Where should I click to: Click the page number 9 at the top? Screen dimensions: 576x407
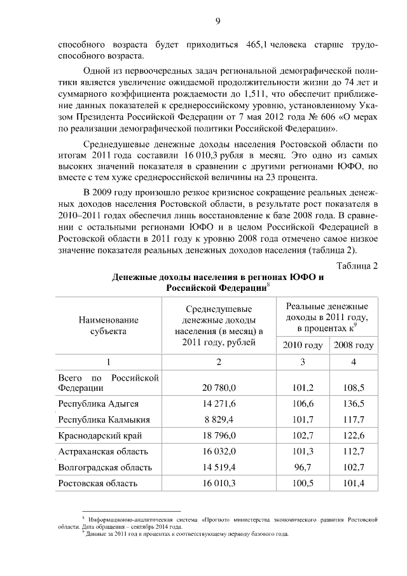(217, 20)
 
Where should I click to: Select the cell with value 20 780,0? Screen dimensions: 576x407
(219, 387)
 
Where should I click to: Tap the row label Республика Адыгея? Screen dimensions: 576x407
(98, 404)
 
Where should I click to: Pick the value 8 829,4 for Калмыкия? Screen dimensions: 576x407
(219, 419)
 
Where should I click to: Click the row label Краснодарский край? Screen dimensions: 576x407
(100, 436)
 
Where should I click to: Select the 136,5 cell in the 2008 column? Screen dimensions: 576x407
(354, 404)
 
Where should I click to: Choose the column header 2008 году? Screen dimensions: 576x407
(354, 346)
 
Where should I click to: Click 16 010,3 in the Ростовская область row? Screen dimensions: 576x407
(219, 483)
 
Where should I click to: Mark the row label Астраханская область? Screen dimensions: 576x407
(102, 451)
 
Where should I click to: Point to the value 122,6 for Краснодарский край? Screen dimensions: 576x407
(354, 436)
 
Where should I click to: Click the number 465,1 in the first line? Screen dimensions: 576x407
(257, 45)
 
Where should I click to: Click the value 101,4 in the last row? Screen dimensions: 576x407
(354, 483)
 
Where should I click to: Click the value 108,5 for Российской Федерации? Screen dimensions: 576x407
(354, 387)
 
